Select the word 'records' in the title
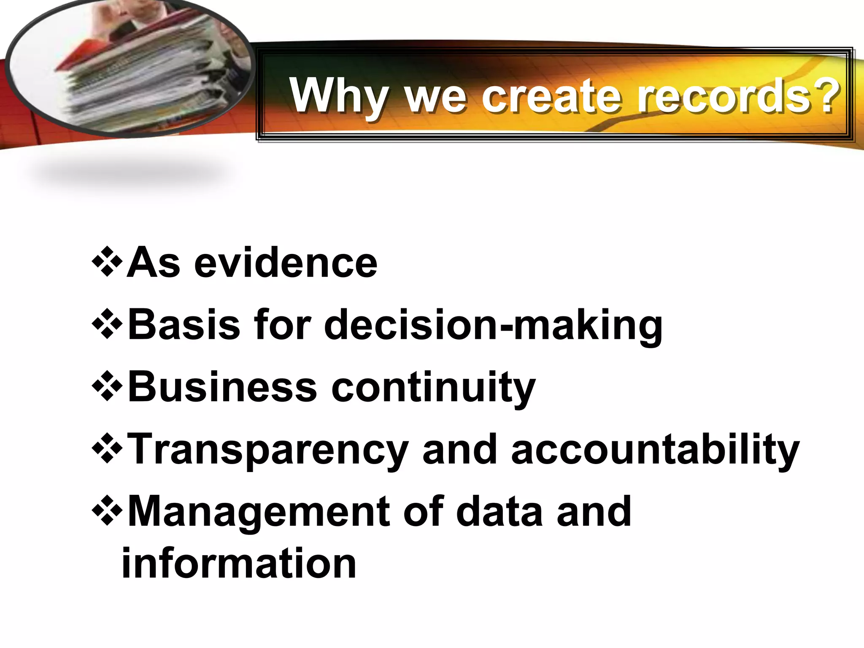pos(724,96)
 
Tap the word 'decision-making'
pos(493,325)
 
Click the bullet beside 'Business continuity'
pos(107,386)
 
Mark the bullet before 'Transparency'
pos(107,449)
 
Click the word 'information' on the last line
pos(239,563)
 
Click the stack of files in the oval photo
pos(139,72)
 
